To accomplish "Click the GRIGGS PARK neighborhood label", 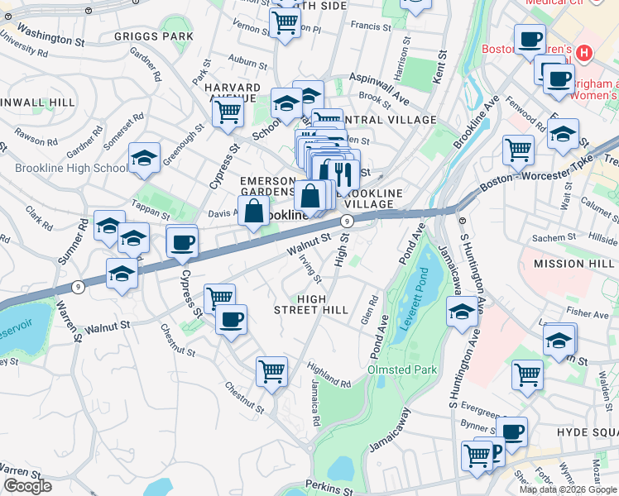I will [154, 37].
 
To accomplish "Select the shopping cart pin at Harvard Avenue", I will [228, 111].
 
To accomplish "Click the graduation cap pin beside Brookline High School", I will [144, 159].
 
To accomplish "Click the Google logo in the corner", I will [27, 486].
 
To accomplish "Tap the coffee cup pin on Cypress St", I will [182, 241].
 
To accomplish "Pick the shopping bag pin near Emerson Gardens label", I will [254, 212].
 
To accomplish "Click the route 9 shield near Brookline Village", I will [347, 221].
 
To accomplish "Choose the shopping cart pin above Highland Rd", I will [271, 371].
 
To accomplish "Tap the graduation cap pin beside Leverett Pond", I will [462, 312].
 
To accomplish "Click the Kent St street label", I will [442, 69].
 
